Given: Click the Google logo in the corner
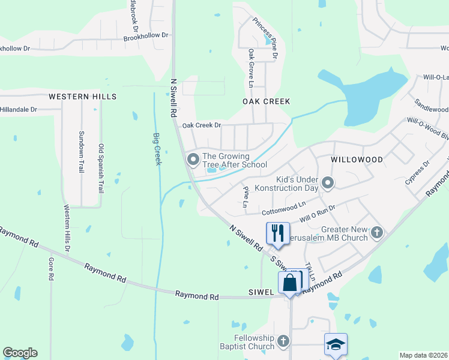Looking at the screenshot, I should pyautogui.click(x=20, y=353).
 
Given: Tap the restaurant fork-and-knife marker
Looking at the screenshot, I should pyautogui.click(x=277, y=233).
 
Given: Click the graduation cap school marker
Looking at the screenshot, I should pyautogui.click(x=336, y=344).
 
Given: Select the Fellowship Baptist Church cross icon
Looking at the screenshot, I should pyautogui.click(x=283, y=341).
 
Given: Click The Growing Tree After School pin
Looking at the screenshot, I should pyautogui.click(x=193, y=160).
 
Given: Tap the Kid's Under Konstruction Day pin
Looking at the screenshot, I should pyautogui.click(x=327, y=182).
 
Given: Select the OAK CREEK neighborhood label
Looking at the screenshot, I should pyautogui.click(x=266, y=101).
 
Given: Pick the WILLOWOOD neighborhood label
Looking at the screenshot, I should pyautogui.click(x=357, y=160).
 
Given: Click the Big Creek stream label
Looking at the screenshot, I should pyautogui.click(x=157, y=149).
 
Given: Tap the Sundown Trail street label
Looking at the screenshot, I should pyautogui.click(x=81, y=152).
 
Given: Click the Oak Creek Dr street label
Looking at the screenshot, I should pyautogui.click(x=202, y=125).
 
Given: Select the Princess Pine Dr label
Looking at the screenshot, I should pyautogui.click(x=265, y=37).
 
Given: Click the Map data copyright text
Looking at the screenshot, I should pyautogui.click(x=423, y=355).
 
